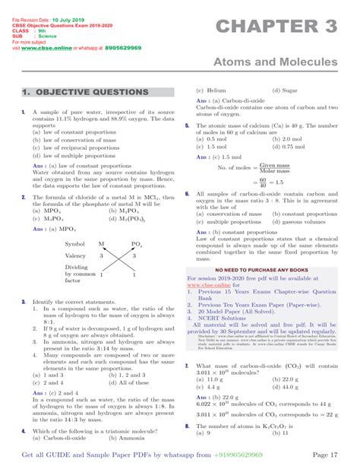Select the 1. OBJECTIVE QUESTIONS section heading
click(x=85, y=92)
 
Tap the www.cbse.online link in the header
click(x=47, y=47)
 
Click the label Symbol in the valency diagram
click(x=76, y=244)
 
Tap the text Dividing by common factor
click(x=75, y=274)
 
